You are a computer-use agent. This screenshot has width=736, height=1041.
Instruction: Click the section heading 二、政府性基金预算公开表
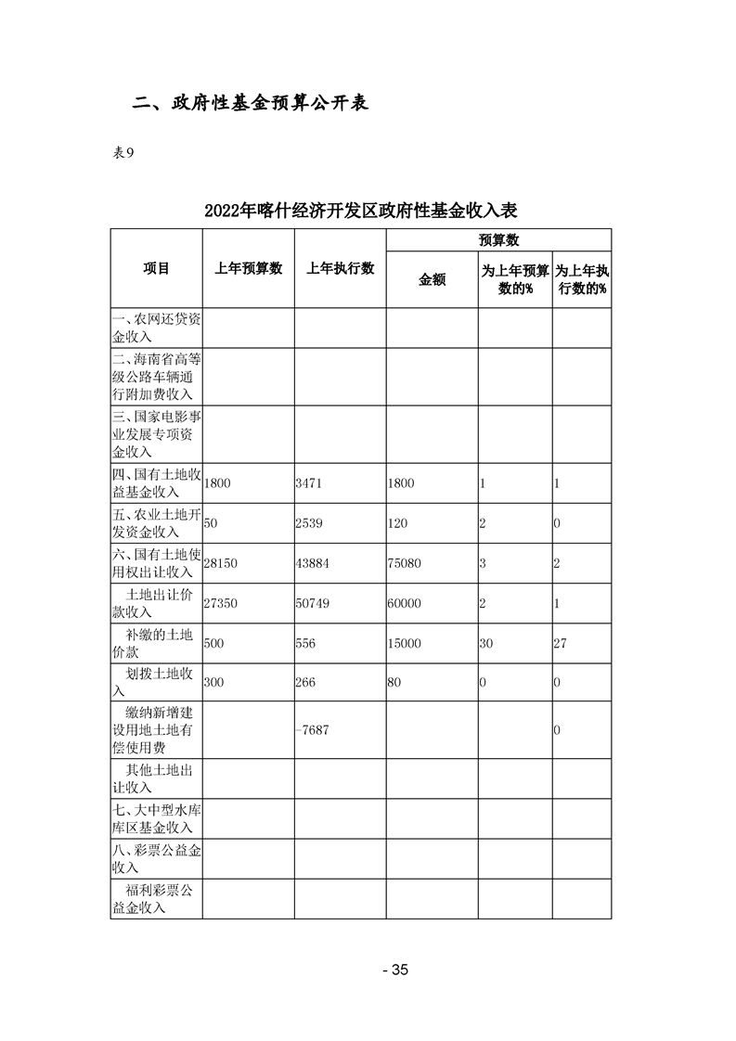click(250, 102)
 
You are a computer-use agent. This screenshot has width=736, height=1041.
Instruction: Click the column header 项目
click(156, 268)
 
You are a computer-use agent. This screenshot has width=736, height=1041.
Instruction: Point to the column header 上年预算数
click(248, 268)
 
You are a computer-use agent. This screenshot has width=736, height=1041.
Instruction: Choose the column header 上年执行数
click(340, 268)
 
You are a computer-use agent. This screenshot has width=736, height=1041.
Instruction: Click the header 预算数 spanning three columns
click(498, 239)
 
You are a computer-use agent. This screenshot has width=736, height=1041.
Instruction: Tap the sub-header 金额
click(433, 279)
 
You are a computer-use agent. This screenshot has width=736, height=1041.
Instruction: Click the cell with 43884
click(313, 563)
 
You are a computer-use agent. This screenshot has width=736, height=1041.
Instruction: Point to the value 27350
click(221, 603)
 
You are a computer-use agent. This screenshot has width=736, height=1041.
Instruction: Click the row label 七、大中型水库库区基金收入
click(156, 819)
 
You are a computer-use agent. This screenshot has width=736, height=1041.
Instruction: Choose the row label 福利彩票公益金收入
click(156, 899)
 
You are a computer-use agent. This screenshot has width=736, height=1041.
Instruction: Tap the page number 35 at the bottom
click(395, 970)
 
